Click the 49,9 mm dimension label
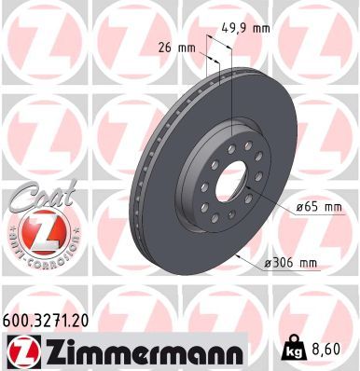[248, 29]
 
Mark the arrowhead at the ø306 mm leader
[242, 254]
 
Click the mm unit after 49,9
[262, 29]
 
